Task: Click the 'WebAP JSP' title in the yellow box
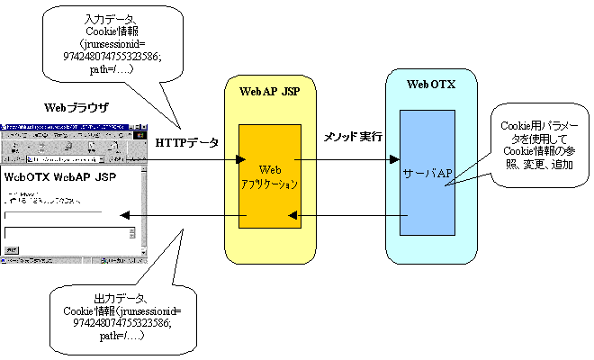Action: pos(269,91)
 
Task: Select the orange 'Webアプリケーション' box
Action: pos(269,176)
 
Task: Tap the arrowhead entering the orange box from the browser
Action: pos(240,160)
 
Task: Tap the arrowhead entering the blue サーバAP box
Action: pos(394,160)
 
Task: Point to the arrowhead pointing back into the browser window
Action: pos(125,216)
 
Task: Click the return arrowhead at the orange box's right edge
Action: pos(292,216)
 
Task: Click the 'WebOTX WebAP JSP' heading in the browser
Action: pos(60,176)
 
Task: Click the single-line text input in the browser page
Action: pos(53,214)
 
